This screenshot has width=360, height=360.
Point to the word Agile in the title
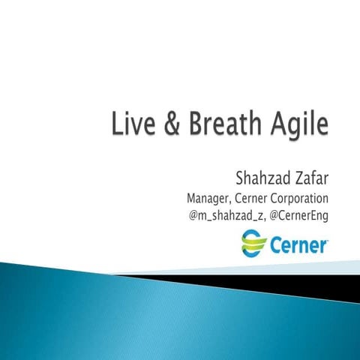click(301, 125)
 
